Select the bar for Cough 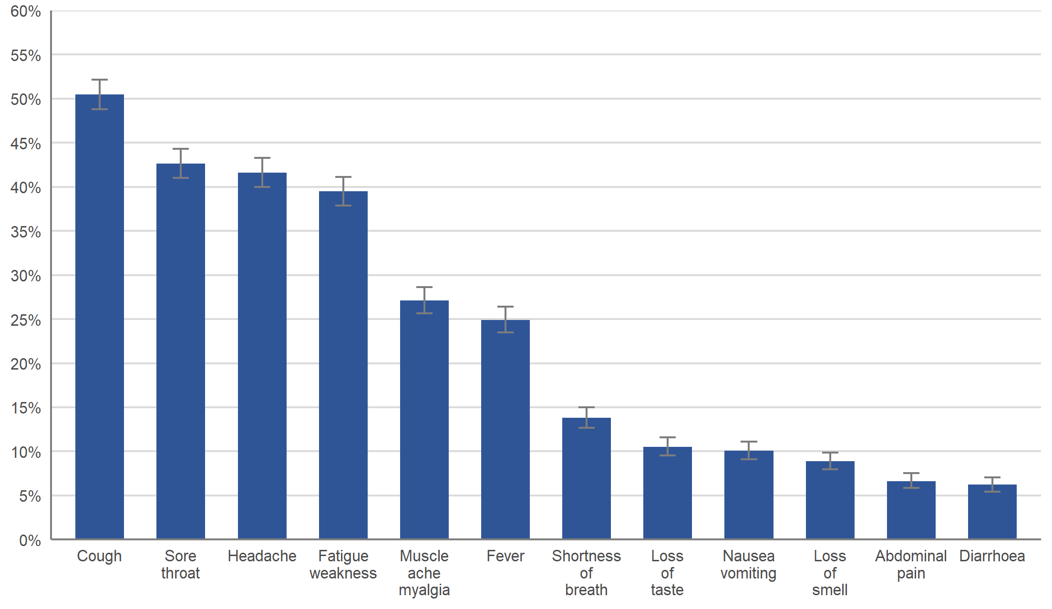[x=100, y=317]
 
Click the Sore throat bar [x=181, y=351]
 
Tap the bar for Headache [x=262, y=356]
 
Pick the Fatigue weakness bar [x=343, y=365]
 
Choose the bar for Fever [x=505, y=430]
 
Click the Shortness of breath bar [x=587, y=478]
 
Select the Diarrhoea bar [x=992, y=512]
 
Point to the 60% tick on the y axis [x=26, y=11]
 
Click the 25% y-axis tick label [x=26, y=320]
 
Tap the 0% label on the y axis [x=30, y=540]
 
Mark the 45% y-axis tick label [x=26, y=144]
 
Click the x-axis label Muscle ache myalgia [x=424, y=573]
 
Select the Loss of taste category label [x=668, y=573]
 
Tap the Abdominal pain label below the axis [x=911, y=565]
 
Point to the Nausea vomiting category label [x=749, y=565]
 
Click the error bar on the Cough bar [x=100, y=94]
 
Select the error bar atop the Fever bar [x=505, y=320]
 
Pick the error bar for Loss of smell [x=830, y=461]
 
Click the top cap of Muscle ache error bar [x=424, y=287]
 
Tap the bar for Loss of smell [x=830, y=500]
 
